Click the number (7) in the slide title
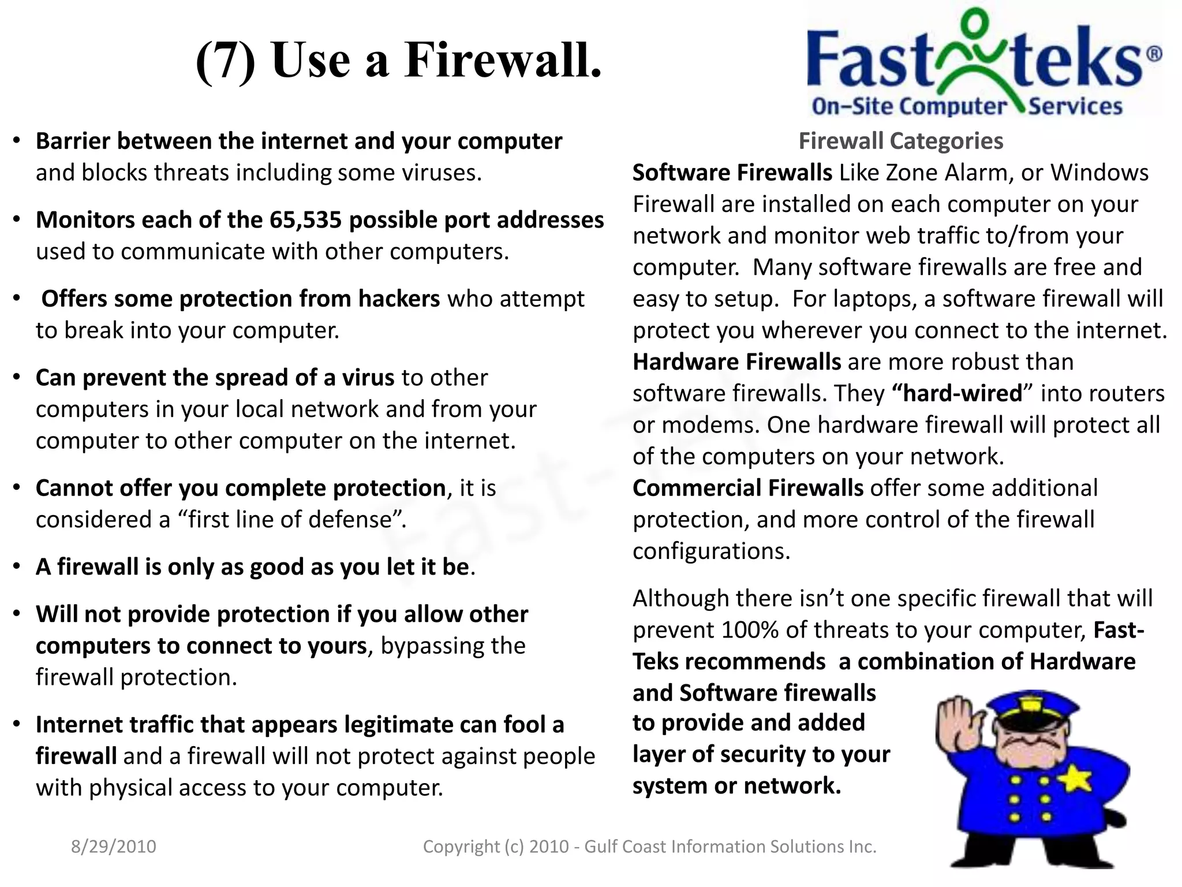225,61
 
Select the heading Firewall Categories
900,141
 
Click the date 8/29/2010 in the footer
114,847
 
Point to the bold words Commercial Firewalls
748,488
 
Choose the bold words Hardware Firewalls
737,362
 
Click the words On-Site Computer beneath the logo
908,106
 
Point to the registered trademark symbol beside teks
1154,54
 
